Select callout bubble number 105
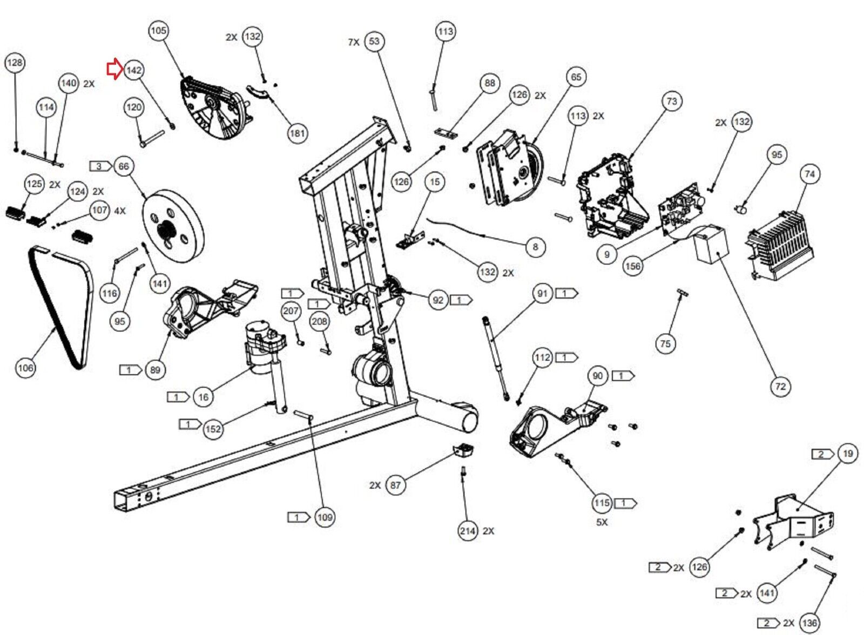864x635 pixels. pos(158,31)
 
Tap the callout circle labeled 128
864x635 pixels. pos(15,63)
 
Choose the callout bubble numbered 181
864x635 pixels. pos(297,133)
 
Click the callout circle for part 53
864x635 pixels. pos(374,42)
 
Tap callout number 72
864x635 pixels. pos(780,386)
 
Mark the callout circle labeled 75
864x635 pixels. pos(665,343)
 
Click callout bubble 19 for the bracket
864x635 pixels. pos(848,454)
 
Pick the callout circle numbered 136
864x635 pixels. pos(809,623)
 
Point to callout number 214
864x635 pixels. pos(468,531)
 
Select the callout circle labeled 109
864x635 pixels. pos(325,517)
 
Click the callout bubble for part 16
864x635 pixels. pos(203,397)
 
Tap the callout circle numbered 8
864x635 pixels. pos(535,247)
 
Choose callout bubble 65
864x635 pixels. pos(576,77)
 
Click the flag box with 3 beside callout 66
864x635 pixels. pos(100,166)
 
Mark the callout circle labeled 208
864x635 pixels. pos(319,322)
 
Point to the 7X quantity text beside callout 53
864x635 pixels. pos(354,42)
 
